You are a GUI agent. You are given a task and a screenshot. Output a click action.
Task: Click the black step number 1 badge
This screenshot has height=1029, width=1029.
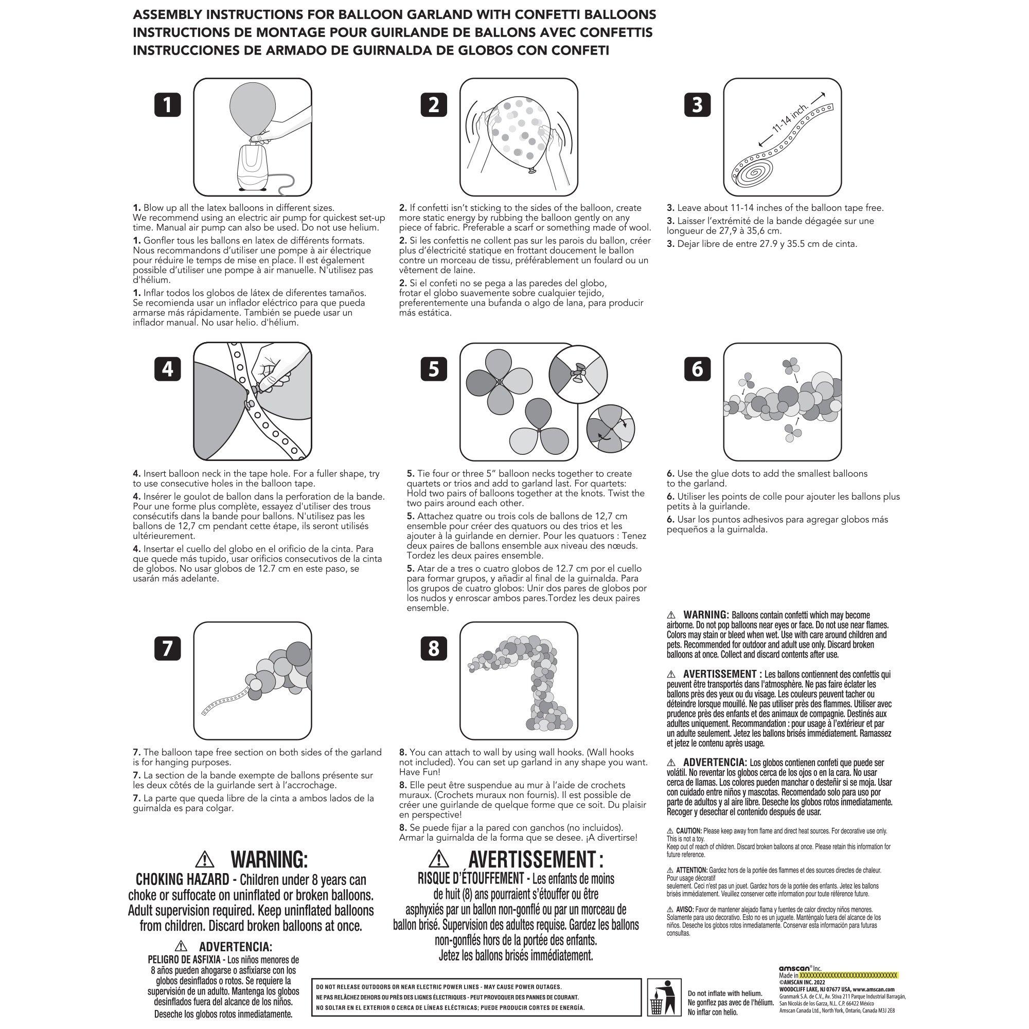[x=167, y=105]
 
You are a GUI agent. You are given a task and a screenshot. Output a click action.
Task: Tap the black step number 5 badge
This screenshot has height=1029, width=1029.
[x=434, y=369]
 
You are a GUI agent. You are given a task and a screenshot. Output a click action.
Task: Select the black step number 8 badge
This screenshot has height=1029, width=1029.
[x=434, y=648]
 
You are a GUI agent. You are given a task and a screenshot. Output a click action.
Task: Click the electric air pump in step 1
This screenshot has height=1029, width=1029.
[x=253, y=167]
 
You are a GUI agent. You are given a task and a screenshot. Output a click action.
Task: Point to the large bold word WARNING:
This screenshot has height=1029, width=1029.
[x=269, y=859]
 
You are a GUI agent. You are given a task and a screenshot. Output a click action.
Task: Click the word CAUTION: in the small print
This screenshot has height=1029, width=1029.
[x=689, y=831]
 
